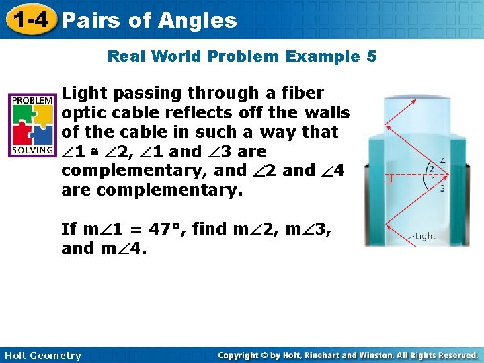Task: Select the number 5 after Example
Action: click(372, 56)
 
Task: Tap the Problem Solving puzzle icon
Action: click(32, 124)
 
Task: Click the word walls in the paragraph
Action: click(327, 112)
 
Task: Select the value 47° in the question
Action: click(166, 229)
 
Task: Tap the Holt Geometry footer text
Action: click(42, 356)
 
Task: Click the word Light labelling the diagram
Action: click(425, 235)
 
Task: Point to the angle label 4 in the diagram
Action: click(442, 161)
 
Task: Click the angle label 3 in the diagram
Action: click(442, 188)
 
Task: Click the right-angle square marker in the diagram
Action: click(388, 179)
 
